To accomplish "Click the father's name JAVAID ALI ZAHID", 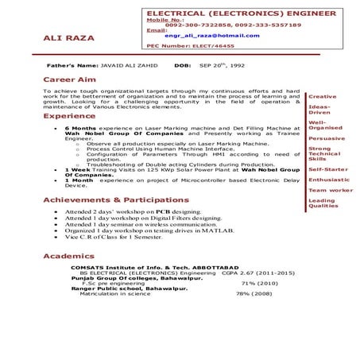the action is click(126, 65).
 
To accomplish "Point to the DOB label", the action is click(183, 65).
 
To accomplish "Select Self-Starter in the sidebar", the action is click(327, 169).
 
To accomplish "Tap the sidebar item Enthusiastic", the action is click(328, 180).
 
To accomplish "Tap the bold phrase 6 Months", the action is click(80, 126).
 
